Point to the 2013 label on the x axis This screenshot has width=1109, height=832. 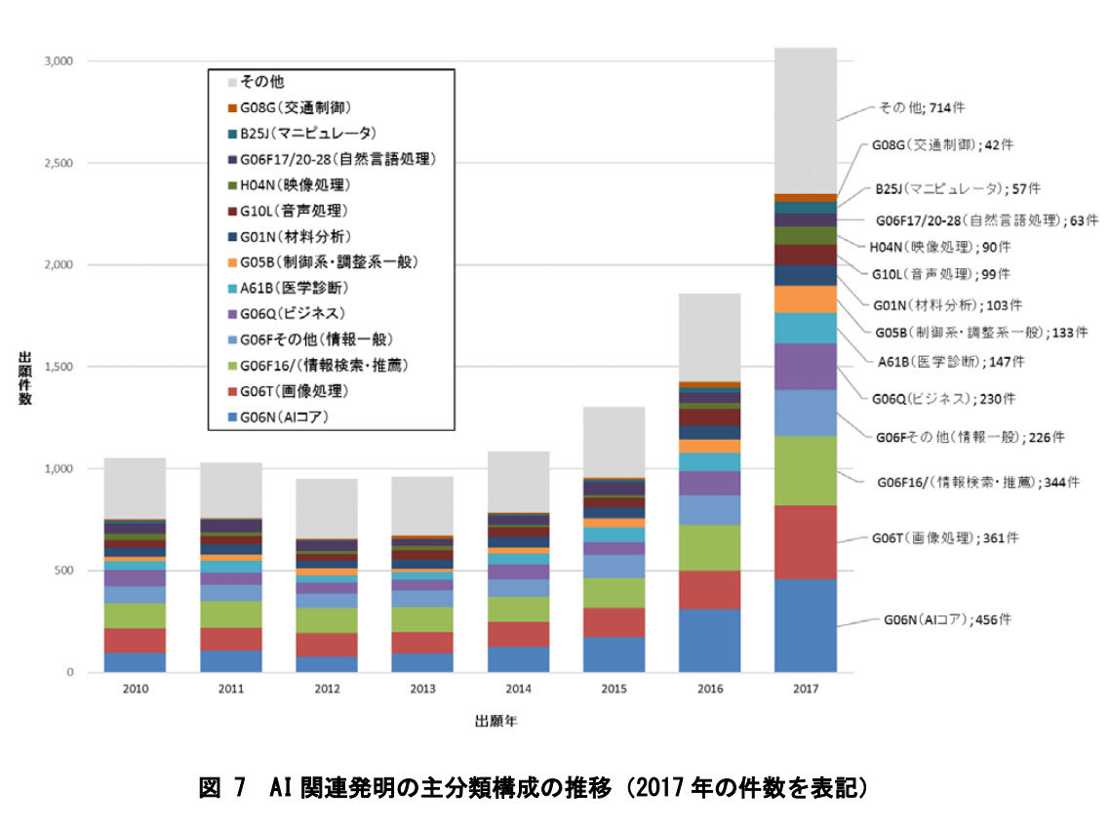click(x=421, y=689)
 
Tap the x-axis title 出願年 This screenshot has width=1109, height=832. click(x=495, y=722)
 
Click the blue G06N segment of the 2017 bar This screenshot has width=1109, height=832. click(x=805, y=625)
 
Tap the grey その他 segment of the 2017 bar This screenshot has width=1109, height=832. click(x=805, y=120)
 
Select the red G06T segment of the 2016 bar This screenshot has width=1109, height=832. click(x=709, y=589)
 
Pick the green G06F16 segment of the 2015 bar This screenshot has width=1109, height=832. click(x=614, y=592)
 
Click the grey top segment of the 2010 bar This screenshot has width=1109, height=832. click(x=135, y=488)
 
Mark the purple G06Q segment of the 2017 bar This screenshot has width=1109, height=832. click(x=805, y=366)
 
